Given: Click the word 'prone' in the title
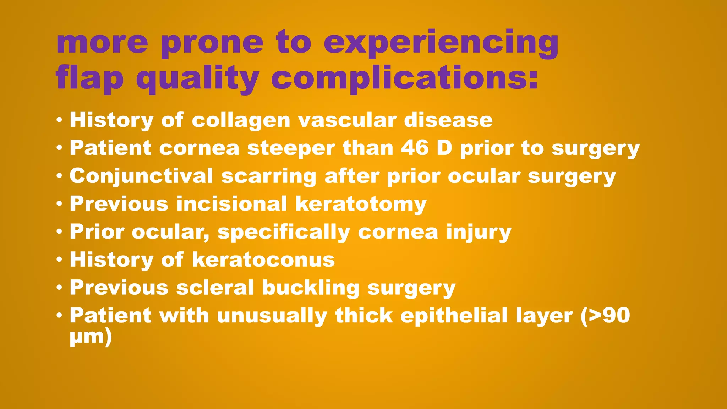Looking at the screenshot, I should tap(212, 43).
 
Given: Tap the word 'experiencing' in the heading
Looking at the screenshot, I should tap(441, 43).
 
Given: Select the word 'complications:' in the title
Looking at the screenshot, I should tap(404, 79).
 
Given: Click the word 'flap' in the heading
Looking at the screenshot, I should tap(89, 79).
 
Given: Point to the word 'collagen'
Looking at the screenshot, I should tap(241, 120).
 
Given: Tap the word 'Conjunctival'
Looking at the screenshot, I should tap(141, 176).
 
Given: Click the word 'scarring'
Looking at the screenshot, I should tap(268, 176).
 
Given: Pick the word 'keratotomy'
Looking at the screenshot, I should tap(361, 204).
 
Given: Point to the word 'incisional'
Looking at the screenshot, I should tap(231, 204).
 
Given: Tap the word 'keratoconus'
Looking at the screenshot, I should tap(263, 260).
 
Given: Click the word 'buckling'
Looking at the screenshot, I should tap(311, 288).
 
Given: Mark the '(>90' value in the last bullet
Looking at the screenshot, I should tap(605, 316).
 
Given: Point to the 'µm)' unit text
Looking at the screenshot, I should tap(91, 336).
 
